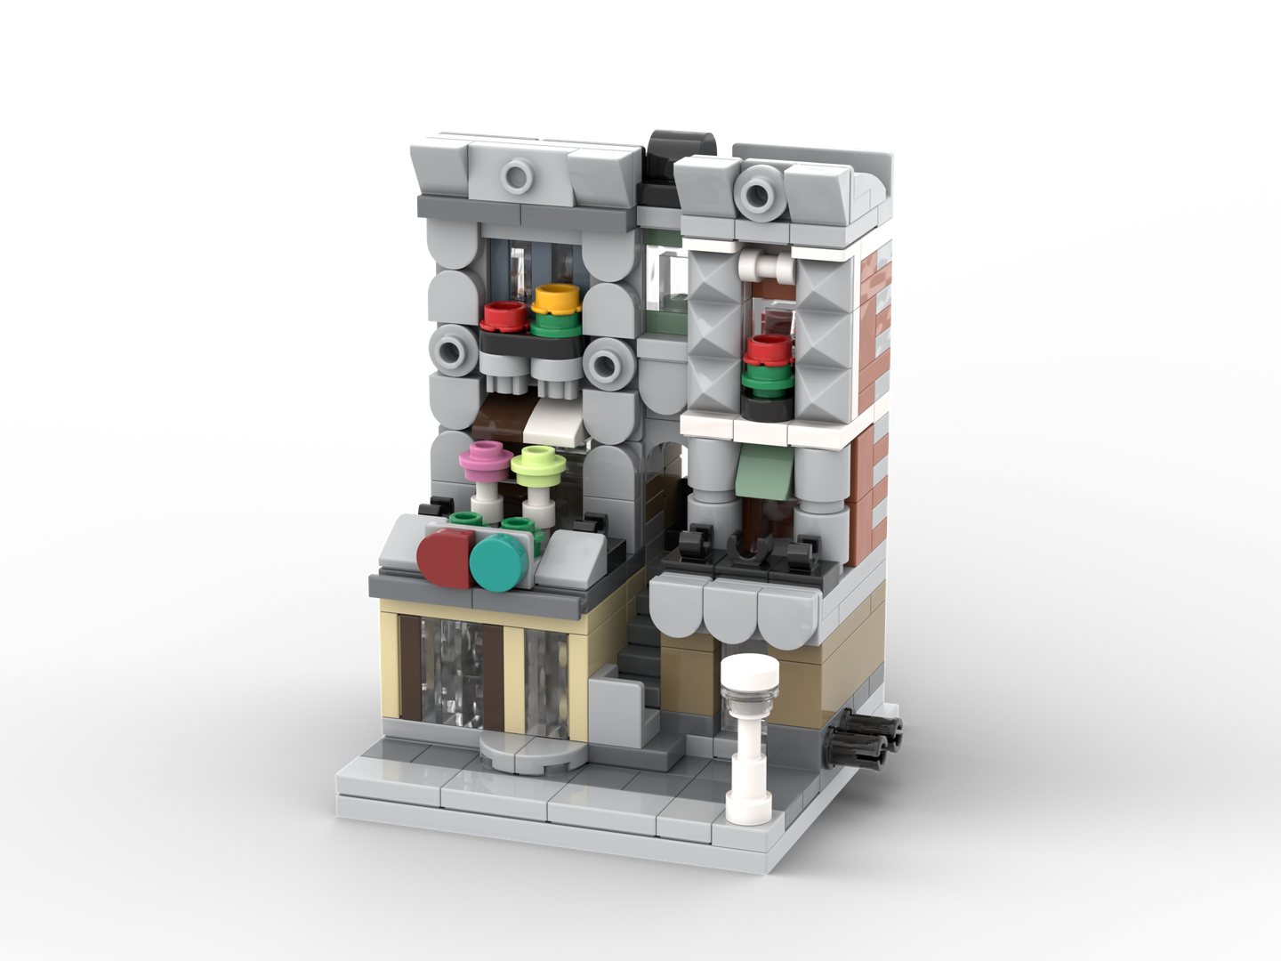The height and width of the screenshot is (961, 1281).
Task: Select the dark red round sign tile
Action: point(446,559)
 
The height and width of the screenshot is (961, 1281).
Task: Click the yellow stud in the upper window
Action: point(555,297)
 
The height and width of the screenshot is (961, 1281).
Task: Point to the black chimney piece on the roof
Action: point(672,149)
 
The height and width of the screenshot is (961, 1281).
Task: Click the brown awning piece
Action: point(504,417)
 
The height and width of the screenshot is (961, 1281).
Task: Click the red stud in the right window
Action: point(767,349)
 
